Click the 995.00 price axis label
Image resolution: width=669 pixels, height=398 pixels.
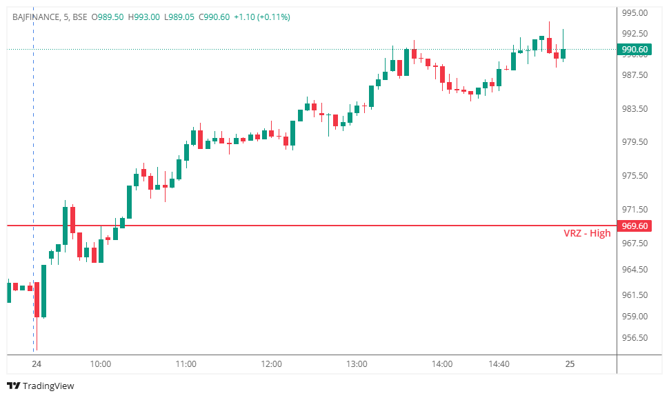(635, 13)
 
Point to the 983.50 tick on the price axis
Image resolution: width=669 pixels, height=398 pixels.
(635, 109)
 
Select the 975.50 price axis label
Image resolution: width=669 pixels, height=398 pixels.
(635, 176)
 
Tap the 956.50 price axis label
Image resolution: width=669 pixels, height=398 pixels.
(635, 338)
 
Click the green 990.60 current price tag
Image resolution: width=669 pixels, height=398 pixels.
(635, 50)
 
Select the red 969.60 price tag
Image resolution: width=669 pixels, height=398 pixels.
(635, 226)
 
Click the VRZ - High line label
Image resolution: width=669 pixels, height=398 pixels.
(587, 233)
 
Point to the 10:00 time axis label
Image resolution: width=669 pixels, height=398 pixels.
(100, 364)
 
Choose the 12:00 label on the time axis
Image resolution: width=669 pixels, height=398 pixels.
(271, 364)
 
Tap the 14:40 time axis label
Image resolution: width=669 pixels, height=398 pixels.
(499, 364)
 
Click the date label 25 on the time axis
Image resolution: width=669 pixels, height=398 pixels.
(570, 364)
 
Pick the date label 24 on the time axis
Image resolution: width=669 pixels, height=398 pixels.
(37, 364)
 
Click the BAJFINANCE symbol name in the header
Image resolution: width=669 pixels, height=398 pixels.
(36, 17)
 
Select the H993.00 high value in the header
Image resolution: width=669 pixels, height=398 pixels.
(143, 17)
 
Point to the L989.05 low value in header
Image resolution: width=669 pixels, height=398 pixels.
(179, 17)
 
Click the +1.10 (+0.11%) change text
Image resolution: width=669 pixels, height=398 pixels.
(262, 17)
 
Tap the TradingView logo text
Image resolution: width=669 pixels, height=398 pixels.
(48, 386)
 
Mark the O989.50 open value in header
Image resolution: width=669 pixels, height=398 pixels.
(108, 17)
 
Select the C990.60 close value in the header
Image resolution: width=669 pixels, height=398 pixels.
(214, 17)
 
